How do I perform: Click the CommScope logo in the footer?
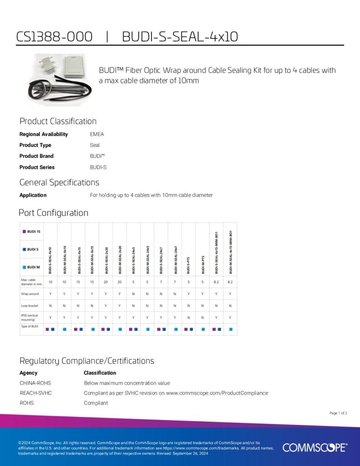314,448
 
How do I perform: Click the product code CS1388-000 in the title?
54,36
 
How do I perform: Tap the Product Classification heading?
58,121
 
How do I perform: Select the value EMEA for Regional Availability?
97,134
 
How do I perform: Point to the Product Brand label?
36,156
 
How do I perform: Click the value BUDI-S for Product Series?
98,167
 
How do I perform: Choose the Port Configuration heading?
53,213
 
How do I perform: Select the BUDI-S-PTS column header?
188,264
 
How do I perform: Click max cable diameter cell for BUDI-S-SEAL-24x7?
161,283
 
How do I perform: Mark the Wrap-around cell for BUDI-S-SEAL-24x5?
133,294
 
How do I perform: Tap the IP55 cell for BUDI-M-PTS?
203,318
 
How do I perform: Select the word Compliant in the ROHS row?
96,403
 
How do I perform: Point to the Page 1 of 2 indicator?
338,413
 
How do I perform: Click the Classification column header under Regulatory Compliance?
100,373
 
